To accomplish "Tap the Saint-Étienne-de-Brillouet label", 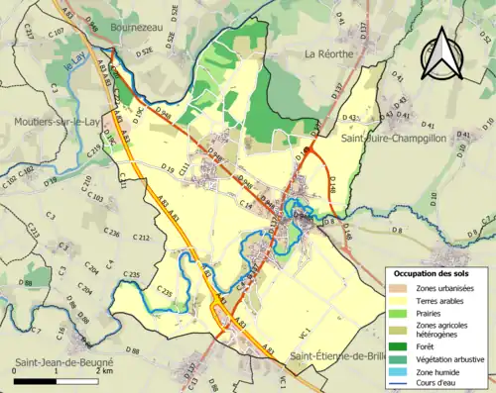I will [x=343, y=354].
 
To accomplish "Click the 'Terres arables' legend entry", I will [x=443, y=300].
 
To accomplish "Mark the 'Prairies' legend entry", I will [x=433, y=313].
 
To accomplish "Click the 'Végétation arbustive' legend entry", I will [x=452, y=359].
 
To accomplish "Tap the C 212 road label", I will [x=141, y=239].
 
